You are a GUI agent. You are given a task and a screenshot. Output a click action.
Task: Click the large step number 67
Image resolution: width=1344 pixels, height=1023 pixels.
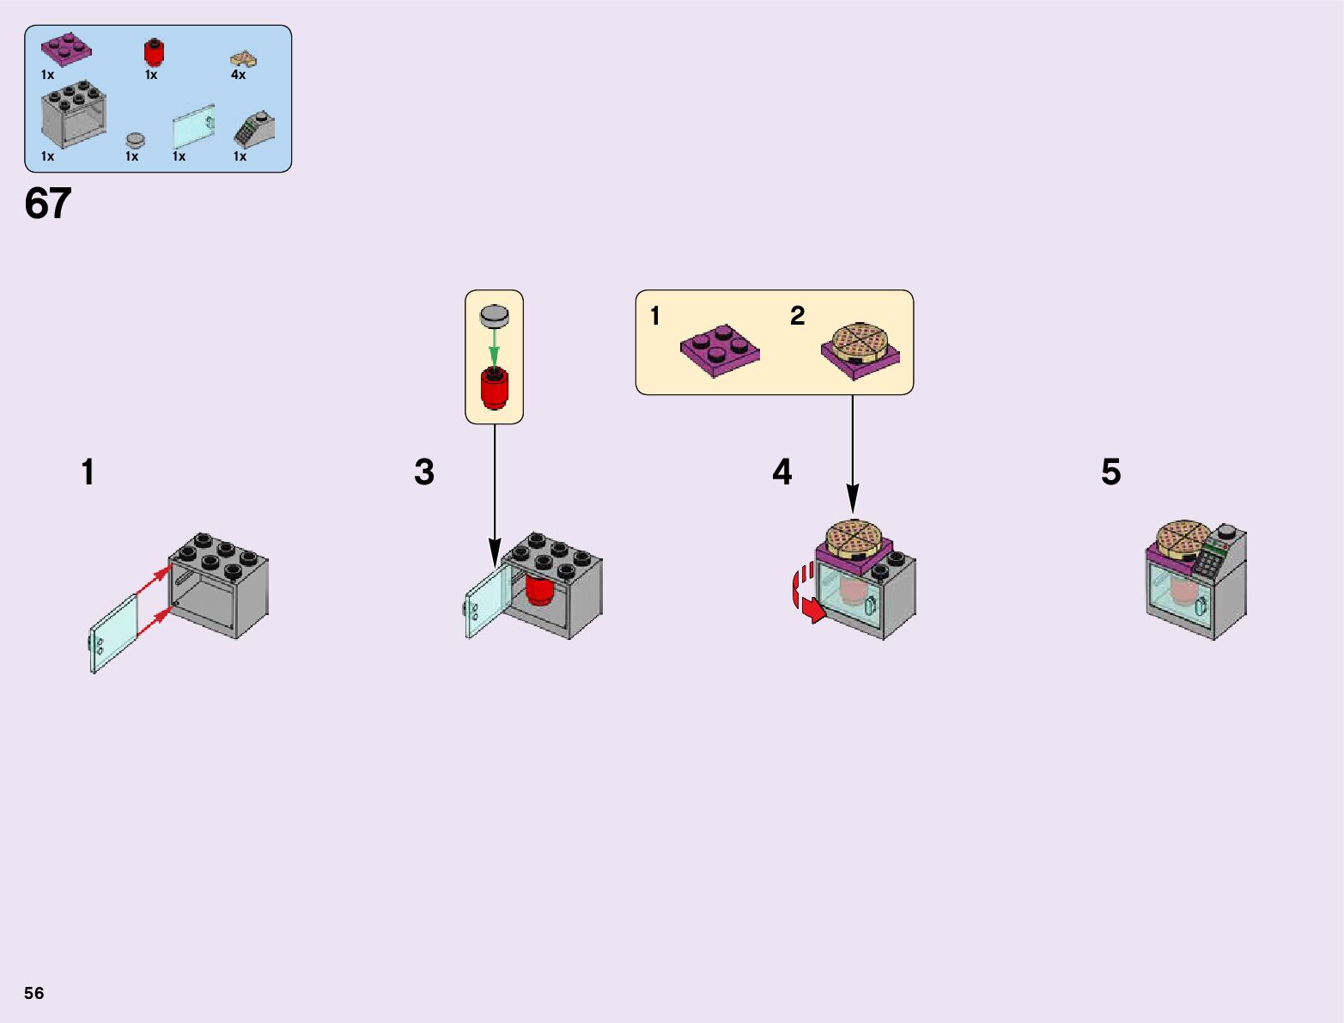(x=48, y=204)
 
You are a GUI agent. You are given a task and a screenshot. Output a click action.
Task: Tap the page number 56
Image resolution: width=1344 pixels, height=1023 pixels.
(x=33, y=993)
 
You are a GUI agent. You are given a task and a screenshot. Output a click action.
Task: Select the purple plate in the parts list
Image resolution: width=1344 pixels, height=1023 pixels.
(x=66, y=48)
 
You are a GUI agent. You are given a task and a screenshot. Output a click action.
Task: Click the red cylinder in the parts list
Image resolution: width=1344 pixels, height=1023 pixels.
(x=154, y=52)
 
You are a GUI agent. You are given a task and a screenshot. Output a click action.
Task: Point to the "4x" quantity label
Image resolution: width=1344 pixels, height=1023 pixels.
(x=238, y=75)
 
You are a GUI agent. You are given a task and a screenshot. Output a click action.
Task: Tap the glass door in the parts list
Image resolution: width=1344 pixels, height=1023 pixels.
(x=193, y=128)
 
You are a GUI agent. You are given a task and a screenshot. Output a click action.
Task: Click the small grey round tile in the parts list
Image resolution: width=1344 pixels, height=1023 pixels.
(x=135, y=139)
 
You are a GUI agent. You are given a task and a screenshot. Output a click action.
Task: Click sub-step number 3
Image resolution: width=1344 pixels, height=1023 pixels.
(x=424, y=472)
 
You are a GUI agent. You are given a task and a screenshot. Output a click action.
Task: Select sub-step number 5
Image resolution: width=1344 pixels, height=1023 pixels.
(x=1110, y=472)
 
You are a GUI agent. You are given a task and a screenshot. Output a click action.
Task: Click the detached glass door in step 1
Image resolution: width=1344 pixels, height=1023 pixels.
(x=113, y=634)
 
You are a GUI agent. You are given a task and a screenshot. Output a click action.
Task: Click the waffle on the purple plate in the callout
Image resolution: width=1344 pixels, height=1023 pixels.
(x=860, y=344)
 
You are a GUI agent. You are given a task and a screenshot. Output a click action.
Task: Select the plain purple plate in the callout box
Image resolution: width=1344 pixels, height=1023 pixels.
(x=720, y=349)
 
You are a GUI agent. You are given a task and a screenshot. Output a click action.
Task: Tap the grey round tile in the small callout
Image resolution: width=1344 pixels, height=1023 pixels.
(x=495, y=315)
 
